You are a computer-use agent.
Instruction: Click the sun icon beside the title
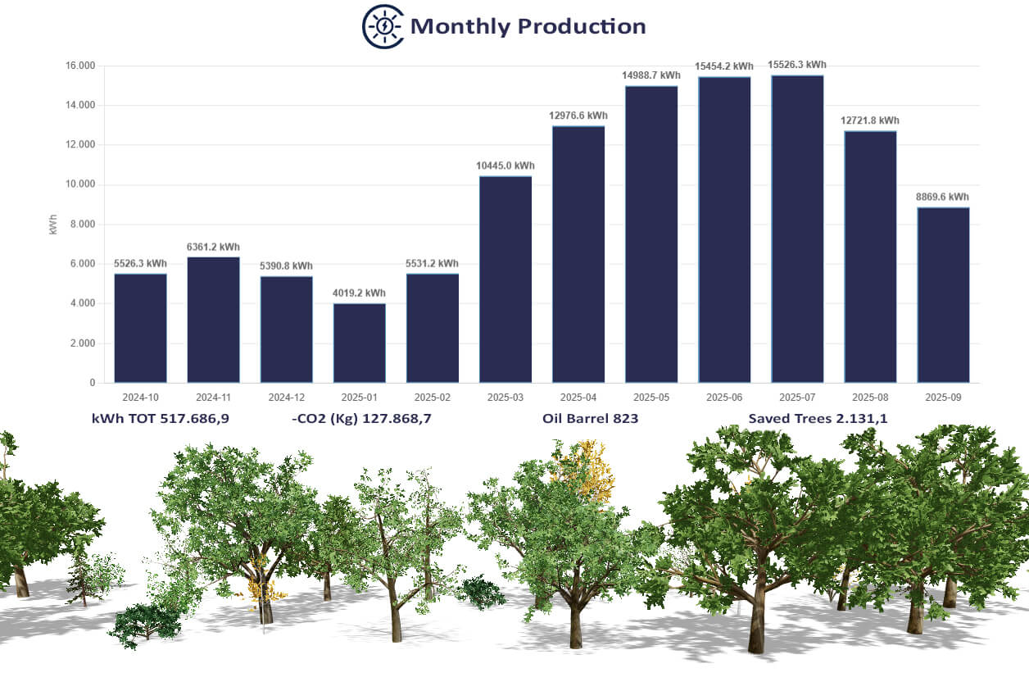383,26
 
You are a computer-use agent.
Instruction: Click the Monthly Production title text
528,26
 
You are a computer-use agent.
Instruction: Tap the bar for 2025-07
797,229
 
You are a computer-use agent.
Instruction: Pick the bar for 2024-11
213,320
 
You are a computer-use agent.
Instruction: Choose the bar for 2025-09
943,295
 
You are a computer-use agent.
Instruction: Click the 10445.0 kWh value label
505,166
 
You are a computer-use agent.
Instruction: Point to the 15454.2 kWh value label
724,66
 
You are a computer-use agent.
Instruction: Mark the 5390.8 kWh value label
286,266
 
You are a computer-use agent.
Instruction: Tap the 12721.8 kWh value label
869,120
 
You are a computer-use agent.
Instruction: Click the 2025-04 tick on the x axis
578,397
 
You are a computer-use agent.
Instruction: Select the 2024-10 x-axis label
140,397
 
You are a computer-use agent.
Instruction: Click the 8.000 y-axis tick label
83,224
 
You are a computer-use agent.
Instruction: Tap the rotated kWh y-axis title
53,225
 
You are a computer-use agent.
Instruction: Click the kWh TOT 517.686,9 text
161,419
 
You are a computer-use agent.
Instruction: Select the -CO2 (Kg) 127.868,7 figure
361,419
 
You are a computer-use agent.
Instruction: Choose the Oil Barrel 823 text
590,419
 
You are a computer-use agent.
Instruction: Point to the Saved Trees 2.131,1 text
818,419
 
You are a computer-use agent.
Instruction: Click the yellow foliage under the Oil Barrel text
587,471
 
